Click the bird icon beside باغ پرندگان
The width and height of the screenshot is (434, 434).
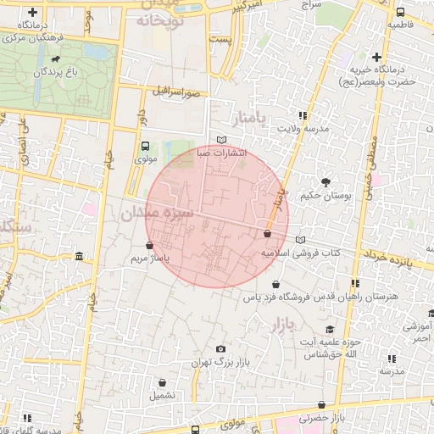tap(55, 60)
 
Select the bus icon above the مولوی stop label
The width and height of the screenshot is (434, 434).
tap(144, 146)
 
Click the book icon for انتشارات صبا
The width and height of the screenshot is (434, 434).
tap(222, 140)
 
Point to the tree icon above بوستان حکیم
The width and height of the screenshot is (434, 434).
tap(325, 181)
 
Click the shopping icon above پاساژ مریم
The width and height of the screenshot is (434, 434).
tap(150, 246)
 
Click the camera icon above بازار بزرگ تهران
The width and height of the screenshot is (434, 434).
tap(221, 348)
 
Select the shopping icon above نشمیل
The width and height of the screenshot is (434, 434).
tap(163, 381)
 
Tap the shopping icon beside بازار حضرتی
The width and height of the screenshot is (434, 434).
tap(320, 406)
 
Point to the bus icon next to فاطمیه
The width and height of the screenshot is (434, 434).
tap(399, 13)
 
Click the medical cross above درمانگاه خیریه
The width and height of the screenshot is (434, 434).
tap(376, 57)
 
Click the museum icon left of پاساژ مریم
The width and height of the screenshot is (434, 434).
tap(79, 257)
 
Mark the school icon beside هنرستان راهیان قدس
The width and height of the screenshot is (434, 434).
tap(354, 283)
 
